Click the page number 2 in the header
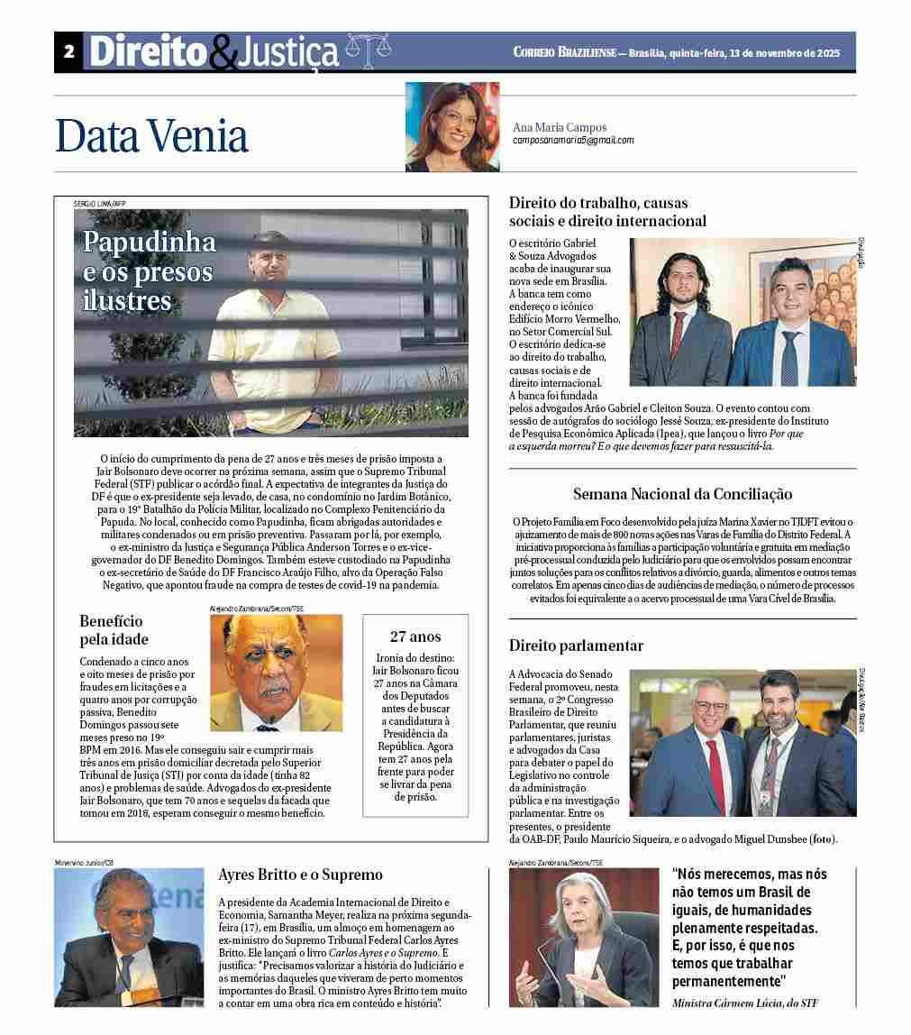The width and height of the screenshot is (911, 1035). click(68, 52)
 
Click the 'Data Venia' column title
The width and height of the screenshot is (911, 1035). click(151, 135)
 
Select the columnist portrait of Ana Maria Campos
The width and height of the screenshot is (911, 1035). click(452, 127)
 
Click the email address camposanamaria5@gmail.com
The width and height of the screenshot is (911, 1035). click(573, 141)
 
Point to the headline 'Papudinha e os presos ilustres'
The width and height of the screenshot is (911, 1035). click(150, 270)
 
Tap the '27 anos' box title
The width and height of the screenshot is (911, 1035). click(415, 637)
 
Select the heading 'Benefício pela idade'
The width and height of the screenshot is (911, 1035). click(114, 630)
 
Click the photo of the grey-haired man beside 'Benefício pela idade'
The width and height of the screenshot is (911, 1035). click(276, 672)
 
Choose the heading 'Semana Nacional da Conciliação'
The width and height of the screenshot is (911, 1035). click(682, 494)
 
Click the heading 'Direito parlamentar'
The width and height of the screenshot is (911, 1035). click(576, 646)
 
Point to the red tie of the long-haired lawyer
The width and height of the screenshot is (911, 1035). click(677, 334)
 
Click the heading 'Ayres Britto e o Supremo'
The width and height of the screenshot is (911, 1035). click(301, 875)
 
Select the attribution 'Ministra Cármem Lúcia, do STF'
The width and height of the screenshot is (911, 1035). click(745, 1003)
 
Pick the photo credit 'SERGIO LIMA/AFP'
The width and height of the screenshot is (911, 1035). click(100, 204)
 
